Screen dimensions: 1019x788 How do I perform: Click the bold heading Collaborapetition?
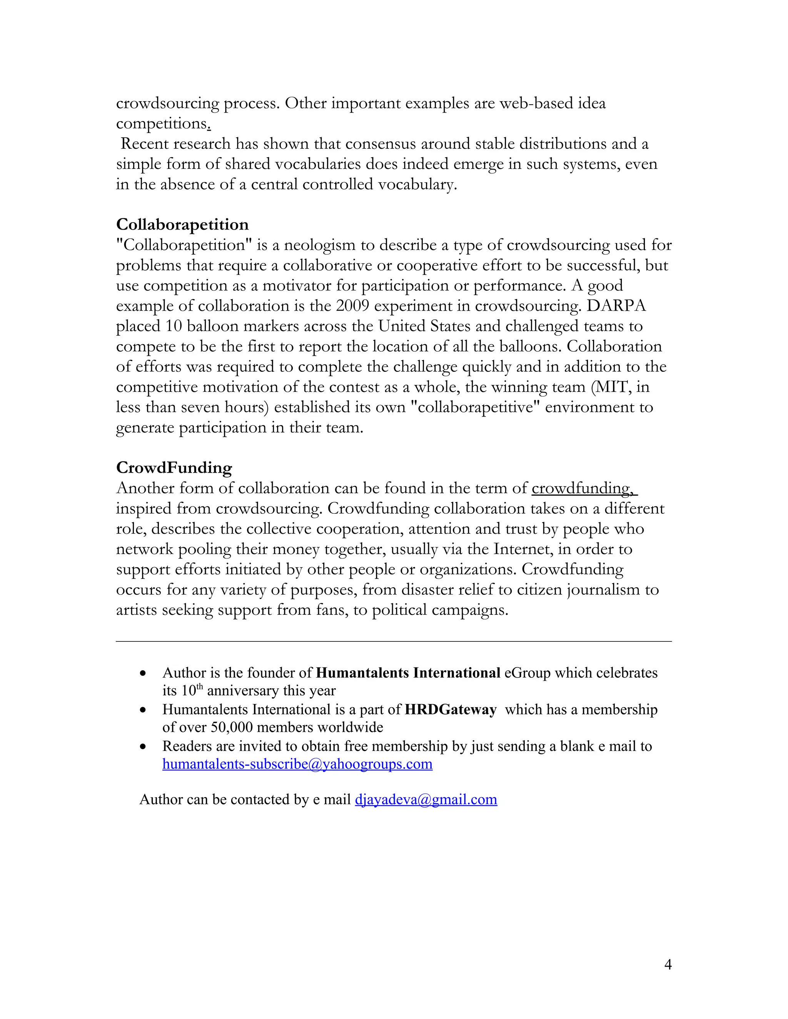(x=182, y=225)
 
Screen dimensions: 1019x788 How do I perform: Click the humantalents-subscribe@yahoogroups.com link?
(x=297, y=764)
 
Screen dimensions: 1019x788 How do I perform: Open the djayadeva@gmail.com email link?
(x=426, y=800)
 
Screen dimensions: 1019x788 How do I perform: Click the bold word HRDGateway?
(x=451, y=710)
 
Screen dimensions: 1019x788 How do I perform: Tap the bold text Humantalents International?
(x=408, y=673)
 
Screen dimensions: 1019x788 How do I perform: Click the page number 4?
(x=668, y=965)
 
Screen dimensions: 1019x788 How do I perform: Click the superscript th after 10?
(x=199, y=687)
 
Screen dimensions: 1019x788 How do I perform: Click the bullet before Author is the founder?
(x=143, y=674)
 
